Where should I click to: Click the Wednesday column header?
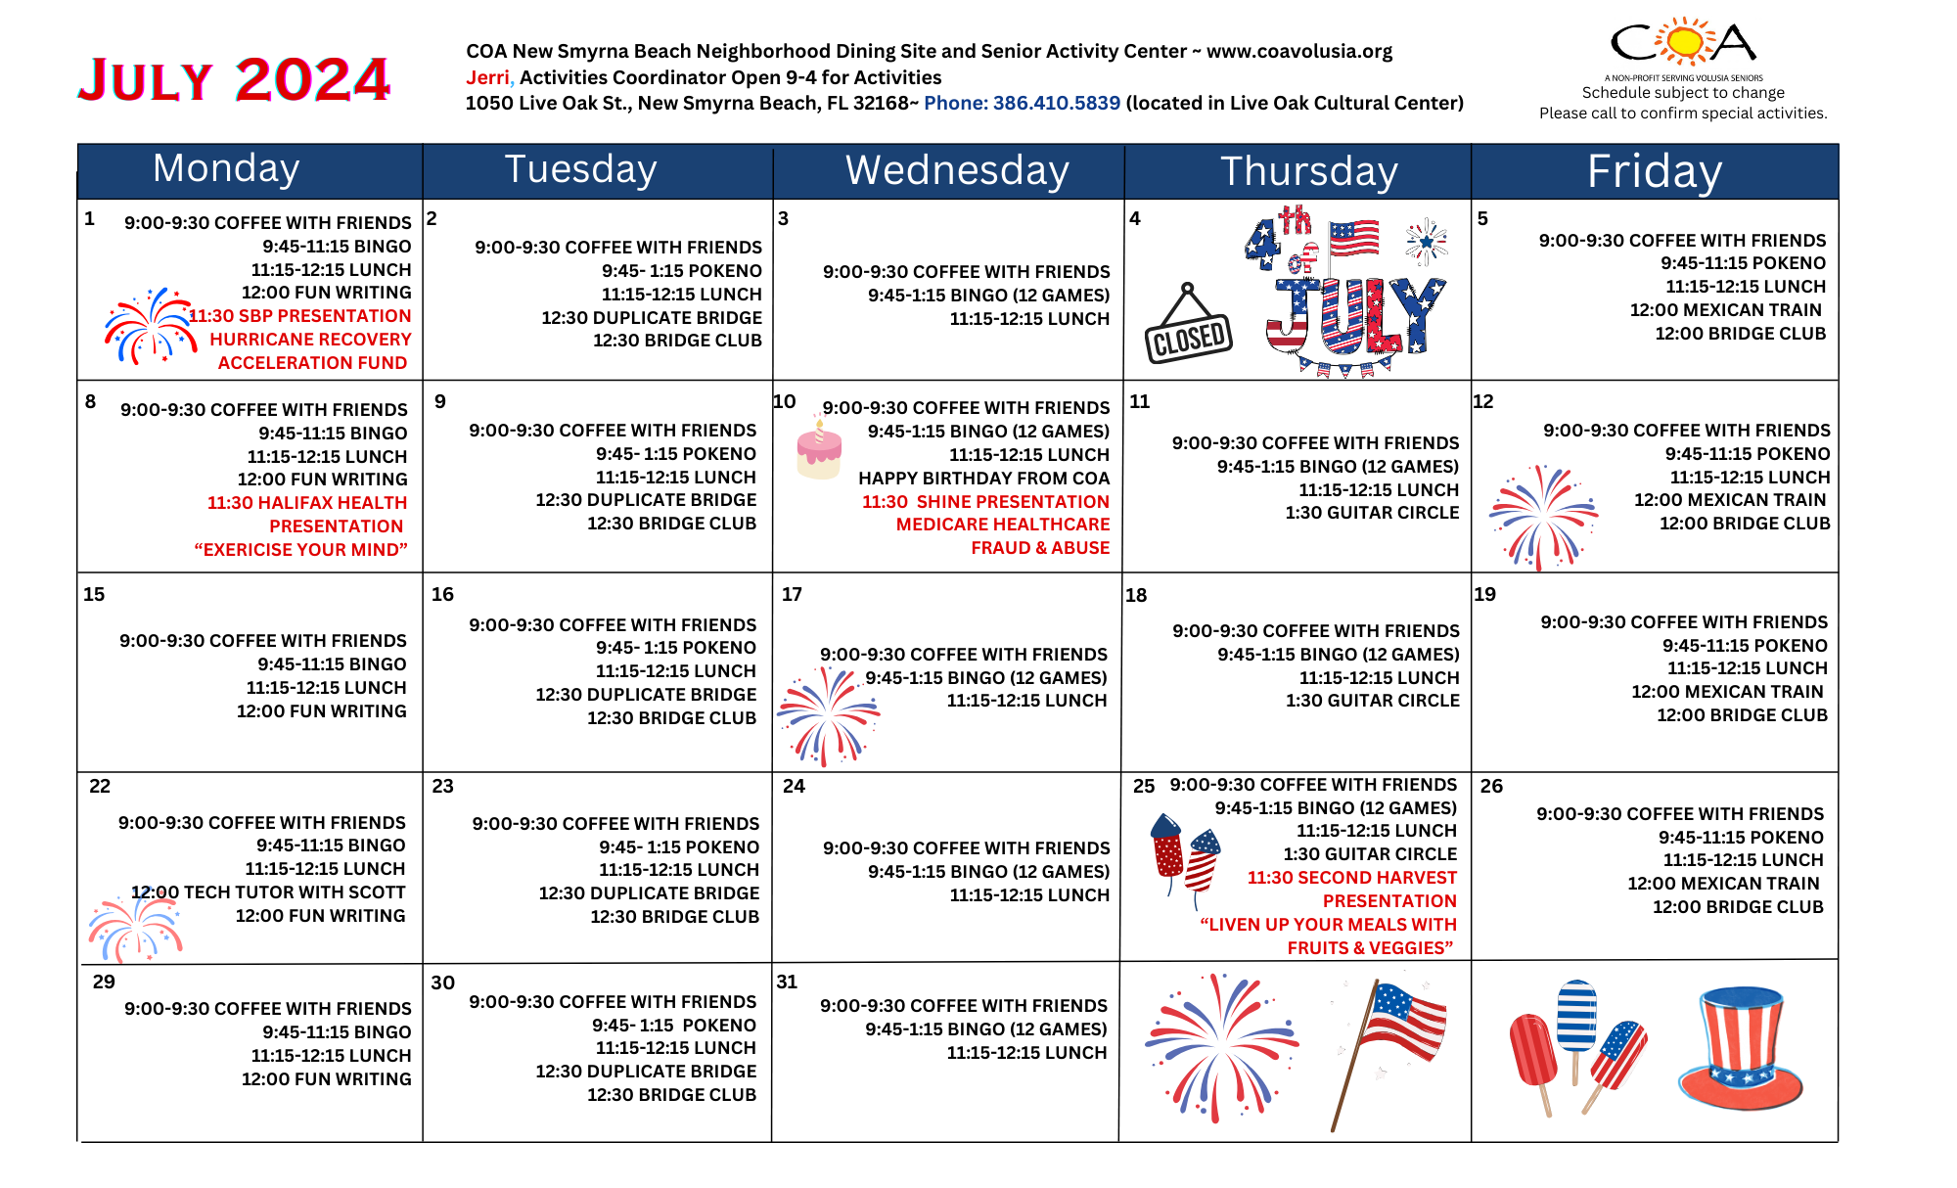(956, 170)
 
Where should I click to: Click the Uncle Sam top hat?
(1740, 1049)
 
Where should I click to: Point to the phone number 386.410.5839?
(1022, 103)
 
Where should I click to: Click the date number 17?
(792, 594)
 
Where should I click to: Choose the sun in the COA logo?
(1684, 42)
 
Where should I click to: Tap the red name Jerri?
(487, 77)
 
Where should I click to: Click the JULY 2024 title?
(234, 79)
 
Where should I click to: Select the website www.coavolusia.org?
(1298, 51)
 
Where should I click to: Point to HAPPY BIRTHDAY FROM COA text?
(983, 479)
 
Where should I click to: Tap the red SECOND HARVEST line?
(1351, 878)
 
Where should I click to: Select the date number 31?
(787, 982)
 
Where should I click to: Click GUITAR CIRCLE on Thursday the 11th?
(1372, 513)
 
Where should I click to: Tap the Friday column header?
(1654, 171)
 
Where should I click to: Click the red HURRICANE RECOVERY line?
(310, 340)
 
